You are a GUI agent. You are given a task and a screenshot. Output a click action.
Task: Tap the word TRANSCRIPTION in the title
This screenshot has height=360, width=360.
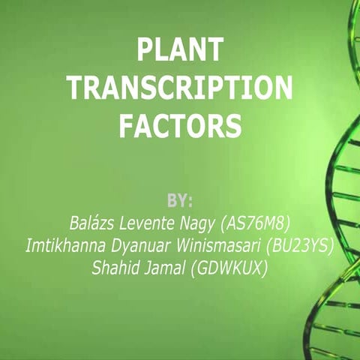(x=180, y=89)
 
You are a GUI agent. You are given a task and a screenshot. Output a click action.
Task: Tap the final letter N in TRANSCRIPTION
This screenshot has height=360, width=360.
(x=281, y=89)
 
